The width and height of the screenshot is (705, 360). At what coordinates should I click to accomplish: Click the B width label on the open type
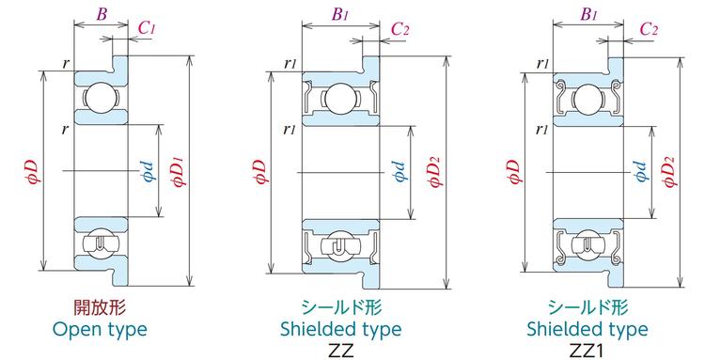(x=102, y=14)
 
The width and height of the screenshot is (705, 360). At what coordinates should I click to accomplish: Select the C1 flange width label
(x=146, y=28)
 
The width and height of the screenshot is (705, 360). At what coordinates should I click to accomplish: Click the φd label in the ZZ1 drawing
(x=641, y=170)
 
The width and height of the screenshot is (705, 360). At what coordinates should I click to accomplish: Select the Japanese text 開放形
(x=100, y=308)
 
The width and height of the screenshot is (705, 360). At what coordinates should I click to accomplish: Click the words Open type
(x=100, y=329)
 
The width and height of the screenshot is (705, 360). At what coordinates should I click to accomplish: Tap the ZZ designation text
(x=341, y=351)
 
